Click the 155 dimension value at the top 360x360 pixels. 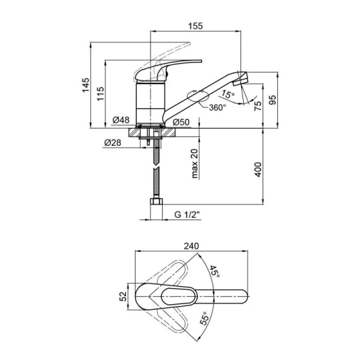point(196,26)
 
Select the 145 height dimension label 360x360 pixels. point(86,85)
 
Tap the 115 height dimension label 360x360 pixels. point(100,94)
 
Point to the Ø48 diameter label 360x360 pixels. point(121,120)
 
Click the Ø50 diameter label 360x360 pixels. point(181,122)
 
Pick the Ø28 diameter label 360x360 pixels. point(113,143)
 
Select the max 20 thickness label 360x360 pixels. point(194,163)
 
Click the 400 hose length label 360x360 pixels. point(258,169)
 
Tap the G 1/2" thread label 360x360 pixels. point(187,215)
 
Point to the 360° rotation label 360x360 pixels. point(217,107)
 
